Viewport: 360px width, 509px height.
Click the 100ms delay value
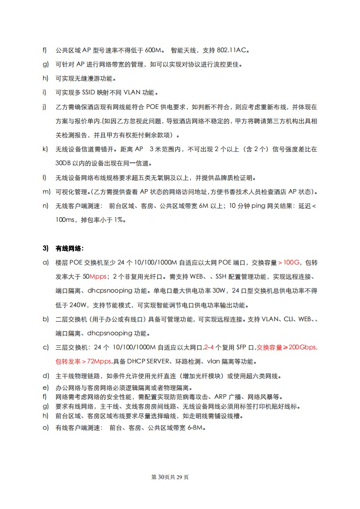coord(64,220)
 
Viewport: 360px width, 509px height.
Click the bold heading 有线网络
coord(69,248)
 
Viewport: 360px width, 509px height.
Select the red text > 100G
coord(289,262)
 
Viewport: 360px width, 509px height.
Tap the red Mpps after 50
coord(98,276)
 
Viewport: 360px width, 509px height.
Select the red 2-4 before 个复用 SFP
coord(210,347)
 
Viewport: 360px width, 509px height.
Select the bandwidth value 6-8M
coord(196,428)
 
